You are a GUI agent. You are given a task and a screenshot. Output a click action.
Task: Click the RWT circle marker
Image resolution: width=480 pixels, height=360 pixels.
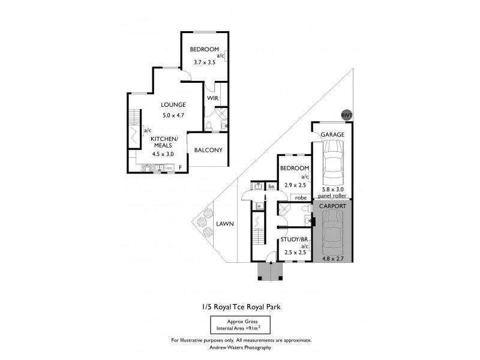[346, 115]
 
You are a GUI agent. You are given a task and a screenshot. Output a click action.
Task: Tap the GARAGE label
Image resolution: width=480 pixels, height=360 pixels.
[332, 134]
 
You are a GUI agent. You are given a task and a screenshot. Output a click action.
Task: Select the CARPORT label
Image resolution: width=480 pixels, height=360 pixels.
[332, 206]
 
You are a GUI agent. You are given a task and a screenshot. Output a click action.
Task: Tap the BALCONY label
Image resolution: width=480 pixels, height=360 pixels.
[209, 150]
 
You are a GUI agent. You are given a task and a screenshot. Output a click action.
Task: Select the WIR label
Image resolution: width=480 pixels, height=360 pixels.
[212, 98]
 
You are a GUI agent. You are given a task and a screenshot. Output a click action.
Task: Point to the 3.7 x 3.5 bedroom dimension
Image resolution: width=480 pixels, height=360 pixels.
[204, 62]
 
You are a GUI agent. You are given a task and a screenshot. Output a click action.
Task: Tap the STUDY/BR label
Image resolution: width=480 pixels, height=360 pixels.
[295, 240]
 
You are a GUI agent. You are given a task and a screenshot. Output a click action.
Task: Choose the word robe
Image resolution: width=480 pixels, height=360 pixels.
[301, 196]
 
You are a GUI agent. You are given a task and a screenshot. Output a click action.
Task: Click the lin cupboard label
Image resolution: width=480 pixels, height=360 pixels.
[271, 187]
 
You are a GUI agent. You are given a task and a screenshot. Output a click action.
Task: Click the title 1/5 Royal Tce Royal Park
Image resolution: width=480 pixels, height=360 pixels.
[240, 306]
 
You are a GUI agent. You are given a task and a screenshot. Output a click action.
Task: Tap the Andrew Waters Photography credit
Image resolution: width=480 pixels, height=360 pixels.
[240, 347]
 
